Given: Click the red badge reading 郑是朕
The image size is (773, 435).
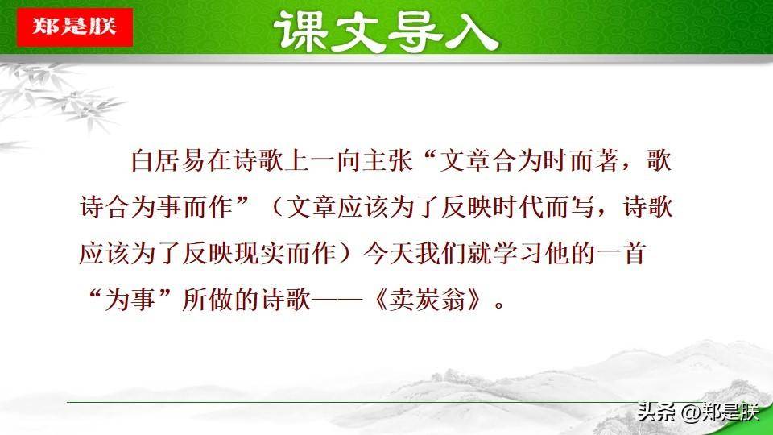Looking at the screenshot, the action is point(74,27).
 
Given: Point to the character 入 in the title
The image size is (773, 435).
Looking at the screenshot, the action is point(471,32).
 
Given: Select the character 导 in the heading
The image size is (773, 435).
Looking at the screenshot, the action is point(415,32).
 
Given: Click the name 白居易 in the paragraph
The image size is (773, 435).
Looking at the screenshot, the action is point(168,159).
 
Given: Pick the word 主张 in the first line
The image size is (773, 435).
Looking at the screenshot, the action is point(387,159).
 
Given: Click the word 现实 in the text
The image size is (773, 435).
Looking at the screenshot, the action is point(258,254).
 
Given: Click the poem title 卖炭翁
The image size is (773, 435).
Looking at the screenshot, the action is point(427,299).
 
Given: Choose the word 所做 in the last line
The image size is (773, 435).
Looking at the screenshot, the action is point(208,299).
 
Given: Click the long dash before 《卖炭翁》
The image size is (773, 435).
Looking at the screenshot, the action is point(337,299).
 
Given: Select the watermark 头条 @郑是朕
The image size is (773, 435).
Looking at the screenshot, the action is point(697,412).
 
